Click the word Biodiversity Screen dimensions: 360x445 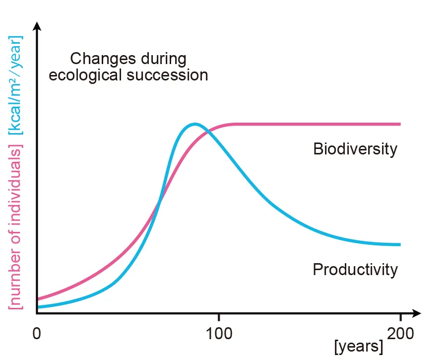355,149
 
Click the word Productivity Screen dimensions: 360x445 355,270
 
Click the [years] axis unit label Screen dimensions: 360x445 359,347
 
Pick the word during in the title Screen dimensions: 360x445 162,59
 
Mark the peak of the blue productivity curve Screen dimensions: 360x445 194,124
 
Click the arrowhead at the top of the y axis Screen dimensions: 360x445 37,25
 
